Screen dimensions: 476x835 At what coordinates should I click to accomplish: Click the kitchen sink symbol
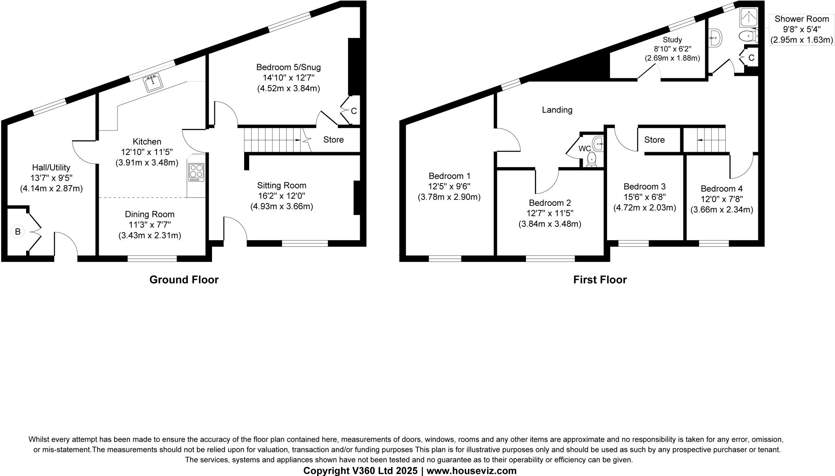click(153, 83)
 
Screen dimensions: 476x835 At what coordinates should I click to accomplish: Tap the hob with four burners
click(196, 172)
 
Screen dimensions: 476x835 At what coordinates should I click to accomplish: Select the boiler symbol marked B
click(18, 232)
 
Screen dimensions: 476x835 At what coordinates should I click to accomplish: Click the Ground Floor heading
click(184, 279)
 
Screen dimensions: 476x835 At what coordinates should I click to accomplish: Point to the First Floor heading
click(600, 279)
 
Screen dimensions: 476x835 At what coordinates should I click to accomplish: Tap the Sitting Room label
click(281, 186)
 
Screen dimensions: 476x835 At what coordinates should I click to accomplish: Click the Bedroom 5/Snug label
click(288, 67)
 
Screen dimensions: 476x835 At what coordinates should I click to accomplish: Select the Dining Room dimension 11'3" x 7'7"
click(150, 225)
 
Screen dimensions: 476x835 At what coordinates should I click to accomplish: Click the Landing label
click(557, 110)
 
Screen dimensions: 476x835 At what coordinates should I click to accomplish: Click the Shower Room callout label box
click(801, 29)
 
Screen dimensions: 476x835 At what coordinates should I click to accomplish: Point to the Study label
click(672, 40)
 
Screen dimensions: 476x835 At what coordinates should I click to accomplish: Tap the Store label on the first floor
click(654, 140)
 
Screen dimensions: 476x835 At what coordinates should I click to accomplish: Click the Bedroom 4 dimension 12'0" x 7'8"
click(721, 199)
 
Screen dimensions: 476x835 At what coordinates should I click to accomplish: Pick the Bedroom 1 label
click(449, 176)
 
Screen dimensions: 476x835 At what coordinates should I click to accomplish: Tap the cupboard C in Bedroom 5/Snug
click(353, 111)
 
